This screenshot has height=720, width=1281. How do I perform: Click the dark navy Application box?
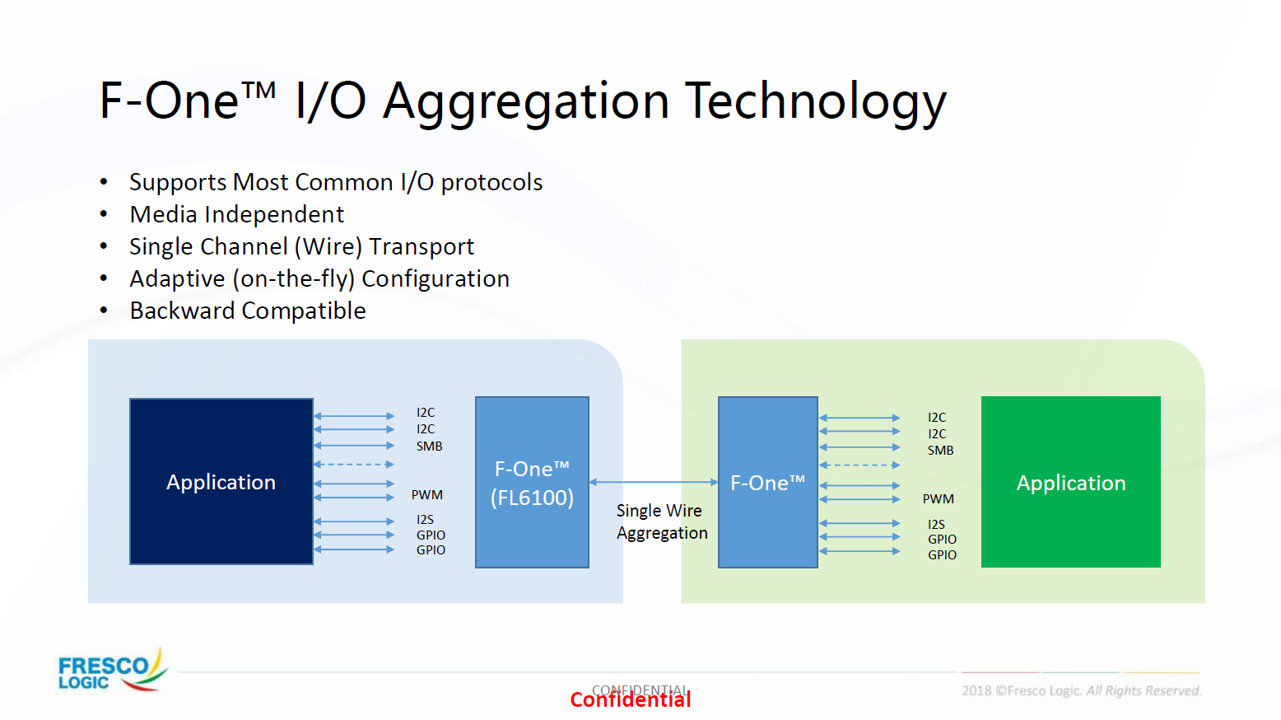point(221,481)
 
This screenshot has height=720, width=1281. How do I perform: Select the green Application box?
point(1070,482)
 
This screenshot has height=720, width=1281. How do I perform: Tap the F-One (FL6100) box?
point(532,482)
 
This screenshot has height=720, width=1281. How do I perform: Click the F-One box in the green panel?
point(768,482)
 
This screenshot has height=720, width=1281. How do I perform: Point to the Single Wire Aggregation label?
point(662,521)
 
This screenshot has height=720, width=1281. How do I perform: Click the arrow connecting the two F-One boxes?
point(654,482)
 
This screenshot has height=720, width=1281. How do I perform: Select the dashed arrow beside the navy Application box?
point(354,464)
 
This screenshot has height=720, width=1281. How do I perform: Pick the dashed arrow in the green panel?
point(859,465)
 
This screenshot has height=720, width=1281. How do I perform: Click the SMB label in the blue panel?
point(429,446)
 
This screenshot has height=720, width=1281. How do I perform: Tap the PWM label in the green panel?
point(938,498)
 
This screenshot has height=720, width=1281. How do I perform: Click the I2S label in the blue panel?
point(425,519)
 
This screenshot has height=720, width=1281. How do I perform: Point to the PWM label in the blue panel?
point(426,494)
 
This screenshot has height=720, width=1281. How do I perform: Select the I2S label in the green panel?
point(936,524)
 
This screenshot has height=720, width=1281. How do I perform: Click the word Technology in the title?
point(816,101)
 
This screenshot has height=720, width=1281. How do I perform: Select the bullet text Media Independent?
point(237,214)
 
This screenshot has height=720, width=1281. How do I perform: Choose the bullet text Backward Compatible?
point(248,311)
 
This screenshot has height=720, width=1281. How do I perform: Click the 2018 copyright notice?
point(1082,691)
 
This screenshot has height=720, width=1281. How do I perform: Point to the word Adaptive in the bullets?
point(177,279)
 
